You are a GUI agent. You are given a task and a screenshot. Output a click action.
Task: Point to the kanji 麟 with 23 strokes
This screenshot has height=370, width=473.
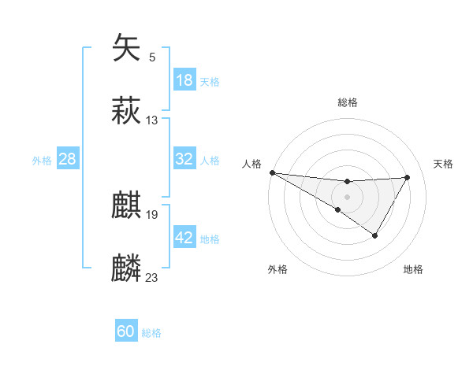pos(127,268)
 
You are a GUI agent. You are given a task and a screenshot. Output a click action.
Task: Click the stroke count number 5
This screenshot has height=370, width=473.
pos(152,57)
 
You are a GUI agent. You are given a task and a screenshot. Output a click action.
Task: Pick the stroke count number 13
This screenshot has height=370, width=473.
pos(152,120)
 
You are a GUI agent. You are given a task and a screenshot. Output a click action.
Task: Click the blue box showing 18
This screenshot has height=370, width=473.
pos(184,80)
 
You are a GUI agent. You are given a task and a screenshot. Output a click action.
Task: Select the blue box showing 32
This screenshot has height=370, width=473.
pos(184,159)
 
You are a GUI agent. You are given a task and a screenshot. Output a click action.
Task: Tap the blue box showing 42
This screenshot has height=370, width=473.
pos(184,238)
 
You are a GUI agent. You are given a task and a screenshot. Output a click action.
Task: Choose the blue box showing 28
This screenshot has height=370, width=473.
pos(68,159)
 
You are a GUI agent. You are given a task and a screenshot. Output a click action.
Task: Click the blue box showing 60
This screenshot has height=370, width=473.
pos(126,331)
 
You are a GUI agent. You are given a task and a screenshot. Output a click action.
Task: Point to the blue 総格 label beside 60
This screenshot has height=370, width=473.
pos(151,333)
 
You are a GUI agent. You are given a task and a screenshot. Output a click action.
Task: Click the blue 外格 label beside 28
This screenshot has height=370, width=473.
pos(42,161)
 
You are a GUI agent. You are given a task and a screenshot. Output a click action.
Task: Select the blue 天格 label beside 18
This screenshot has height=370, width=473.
pos(210,82)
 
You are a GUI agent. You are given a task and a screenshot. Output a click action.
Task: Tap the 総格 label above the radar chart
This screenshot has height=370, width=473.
pos(347,102)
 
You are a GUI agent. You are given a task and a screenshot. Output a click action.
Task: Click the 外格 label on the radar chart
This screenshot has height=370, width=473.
pos(277,269)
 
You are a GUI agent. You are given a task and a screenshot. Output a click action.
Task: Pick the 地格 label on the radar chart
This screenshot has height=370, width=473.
pos(413,269)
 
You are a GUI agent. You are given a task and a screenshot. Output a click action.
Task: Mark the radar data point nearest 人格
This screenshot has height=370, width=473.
pos(272,172)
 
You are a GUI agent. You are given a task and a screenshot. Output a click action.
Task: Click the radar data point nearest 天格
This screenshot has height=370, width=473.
pos(407,177)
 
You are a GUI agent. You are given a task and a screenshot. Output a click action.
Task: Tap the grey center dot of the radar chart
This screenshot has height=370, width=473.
pos(347,196)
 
